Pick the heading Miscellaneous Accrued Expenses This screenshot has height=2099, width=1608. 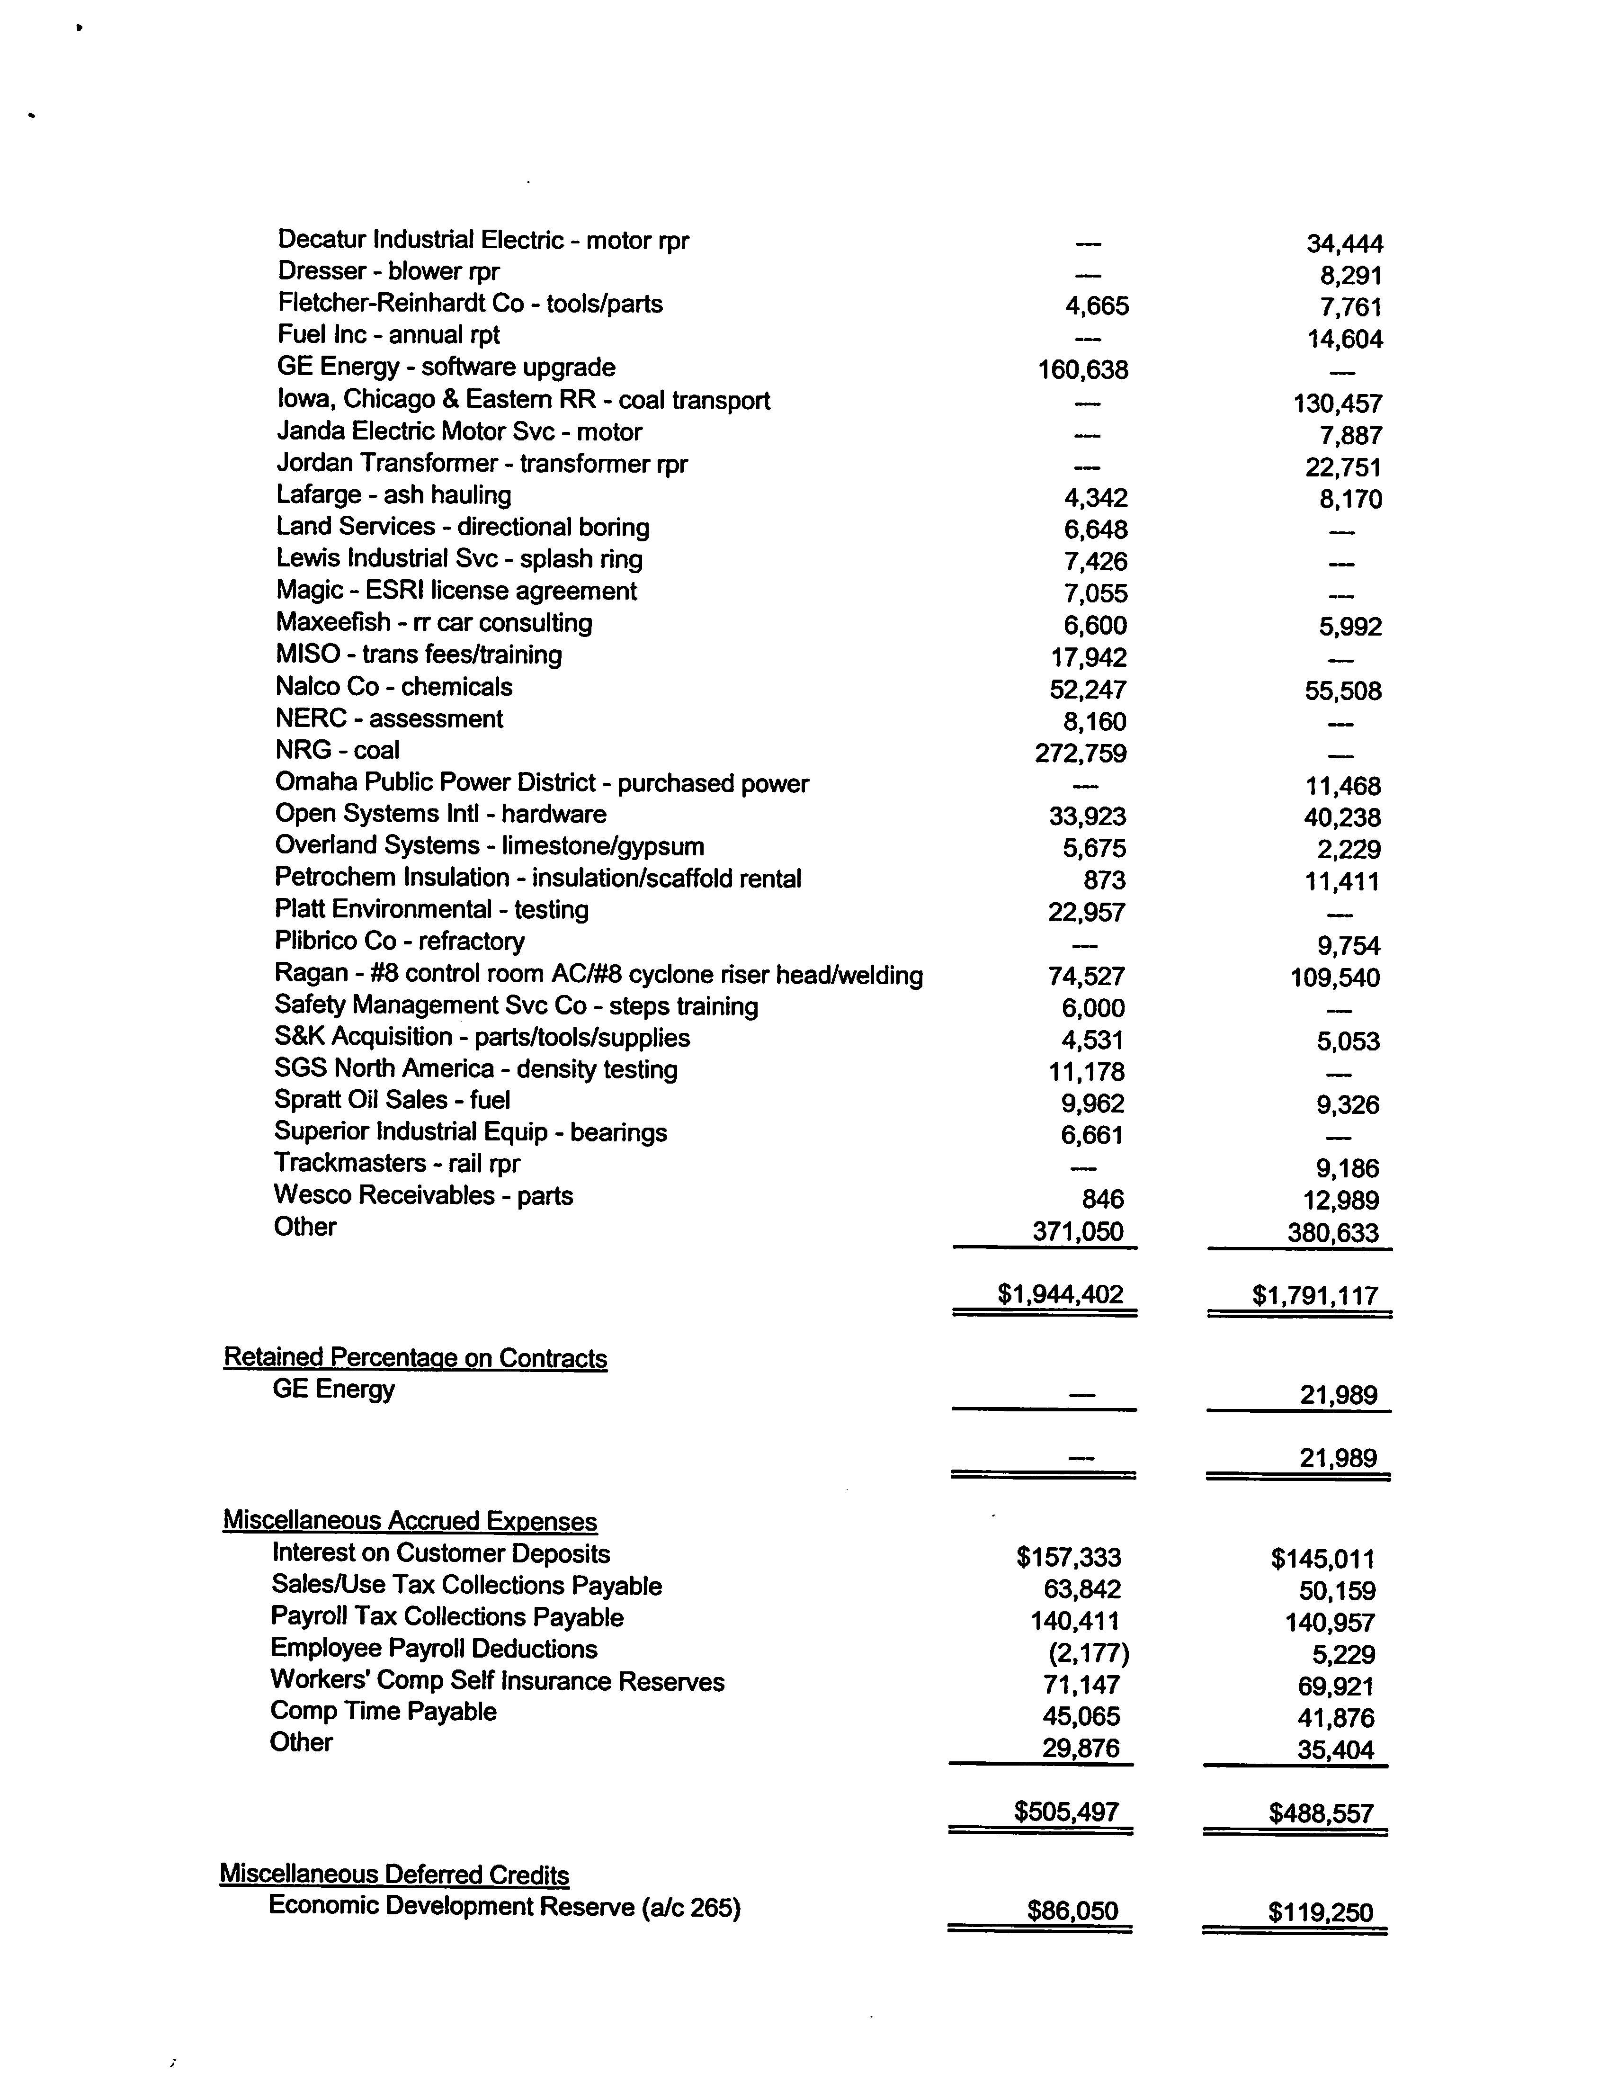[x=410, y=1521]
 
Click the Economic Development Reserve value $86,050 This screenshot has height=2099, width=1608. [x=1072, y=1911]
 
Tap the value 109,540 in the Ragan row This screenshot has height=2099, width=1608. [x=1335, y=978]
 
